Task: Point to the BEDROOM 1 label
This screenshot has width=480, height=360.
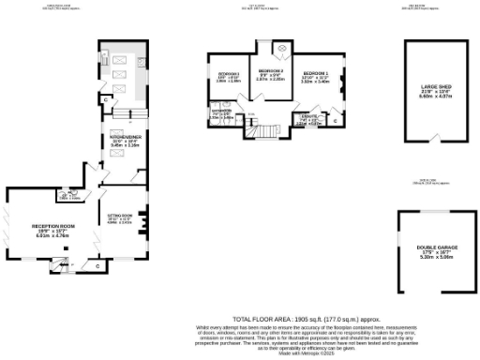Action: [x=315, y=72]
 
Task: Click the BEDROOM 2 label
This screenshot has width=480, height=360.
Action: [x=271, y=71]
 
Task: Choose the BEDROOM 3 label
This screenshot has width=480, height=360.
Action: [x=230, y=73]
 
